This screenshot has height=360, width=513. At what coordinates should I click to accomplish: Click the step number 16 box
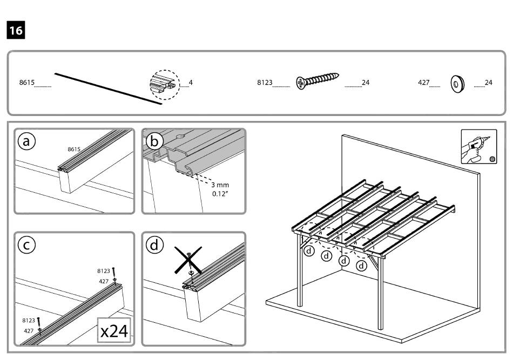16,30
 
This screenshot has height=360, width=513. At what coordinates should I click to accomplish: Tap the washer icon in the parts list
457,84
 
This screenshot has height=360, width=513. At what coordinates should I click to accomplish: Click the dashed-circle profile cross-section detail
164,84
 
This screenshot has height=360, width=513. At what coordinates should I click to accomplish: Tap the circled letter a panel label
26,141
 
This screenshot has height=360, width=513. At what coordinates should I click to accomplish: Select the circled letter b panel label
154,141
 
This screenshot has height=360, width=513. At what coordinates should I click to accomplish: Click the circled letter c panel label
26,245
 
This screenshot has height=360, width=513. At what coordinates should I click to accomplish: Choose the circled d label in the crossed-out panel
154,245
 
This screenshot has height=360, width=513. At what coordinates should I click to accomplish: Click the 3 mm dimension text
220,185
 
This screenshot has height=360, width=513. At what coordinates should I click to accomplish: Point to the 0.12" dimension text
220,193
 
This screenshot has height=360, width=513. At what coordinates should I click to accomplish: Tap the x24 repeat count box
114,330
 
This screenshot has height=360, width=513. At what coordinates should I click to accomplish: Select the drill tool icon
477,147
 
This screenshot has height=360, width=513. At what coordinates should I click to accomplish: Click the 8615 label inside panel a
74,149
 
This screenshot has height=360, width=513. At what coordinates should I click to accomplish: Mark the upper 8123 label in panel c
103,270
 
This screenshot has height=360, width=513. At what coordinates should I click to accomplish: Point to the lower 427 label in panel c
30,330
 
